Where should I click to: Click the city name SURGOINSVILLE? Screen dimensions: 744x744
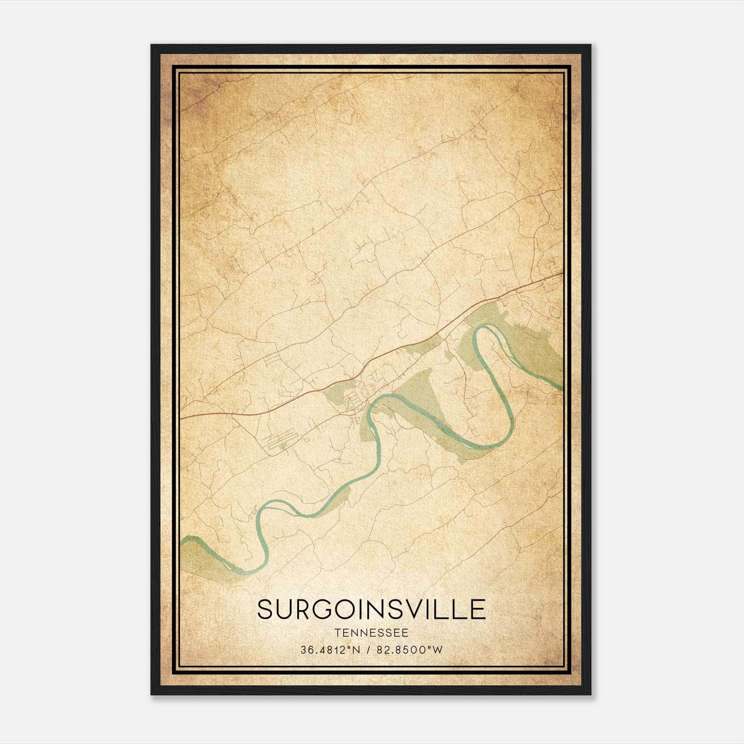[372, 609]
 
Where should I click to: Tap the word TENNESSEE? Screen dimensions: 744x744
[372, 633]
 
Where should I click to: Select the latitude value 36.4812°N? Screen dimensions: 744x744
[331, 650]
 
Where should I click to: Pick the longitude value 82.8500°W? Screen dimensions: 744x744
[409, 650]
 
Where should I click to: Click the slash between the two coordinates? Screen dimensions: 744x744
[368, 650]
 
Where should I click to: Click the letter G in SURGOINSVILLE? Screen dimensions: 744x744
[328, 609]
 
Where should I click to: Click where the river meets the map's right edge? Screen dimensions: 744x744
[561, 387]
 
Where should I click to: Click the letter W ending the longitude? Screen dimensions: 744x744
[438, 650]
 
